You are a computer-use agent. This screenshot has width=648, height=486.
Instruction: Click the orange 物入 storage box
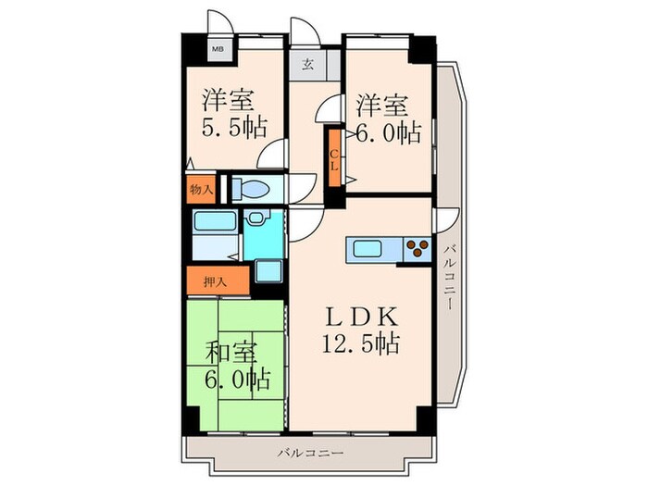[x=201, y=189]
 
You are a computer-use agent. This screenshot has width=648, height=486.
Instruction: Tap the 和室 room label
[x=230, y=353]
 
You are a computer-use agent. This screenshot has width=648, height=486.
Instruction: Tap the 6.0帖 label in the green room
[x=238, y=380]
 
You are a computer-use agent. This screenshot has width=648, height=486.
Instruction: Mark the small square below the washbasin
[x=268, y=272]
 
